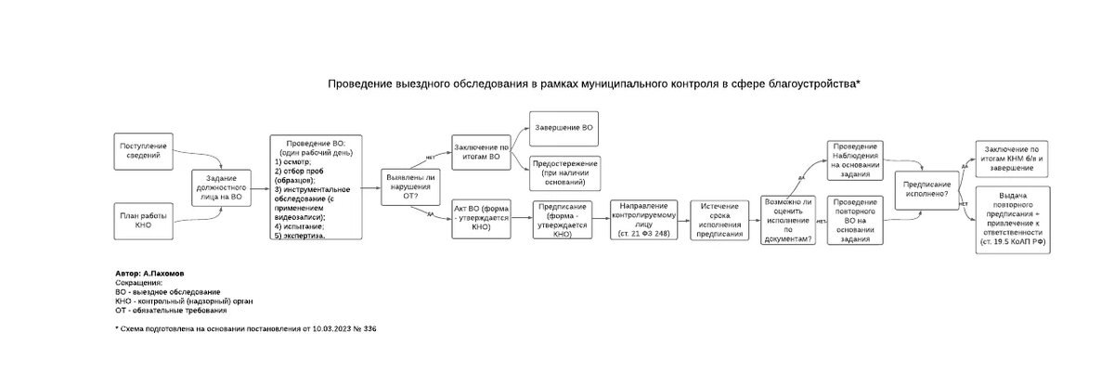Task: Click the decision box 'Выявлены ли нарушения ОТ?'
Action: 409,185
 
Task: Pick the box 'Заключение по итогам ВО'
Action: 481,153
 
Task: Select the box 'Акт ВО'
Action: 481,217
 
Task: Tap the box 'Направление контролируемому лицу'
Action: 643,219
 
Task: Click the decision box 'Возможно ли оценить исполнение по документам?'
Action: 786,220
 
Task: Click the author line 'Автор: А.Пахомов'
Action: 150,275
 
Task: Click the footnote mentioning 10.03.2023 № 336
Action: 245,328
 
